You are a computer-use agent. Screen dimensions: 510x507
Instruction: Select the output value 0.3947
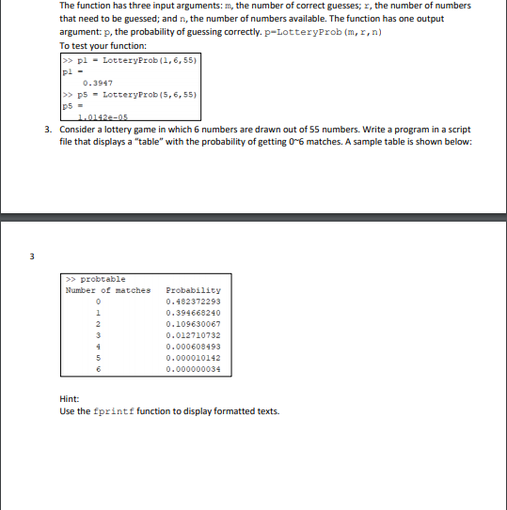(x=97, y=82)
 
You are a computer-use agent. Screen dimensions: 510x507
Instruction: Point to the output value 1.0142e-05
(x=103, y=116)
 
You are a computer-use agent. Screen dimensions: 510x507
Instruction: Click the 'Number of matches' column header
(x=107, y=290)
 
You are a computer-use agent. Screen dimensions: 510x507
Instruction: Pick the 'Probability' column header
(x=193, y=290)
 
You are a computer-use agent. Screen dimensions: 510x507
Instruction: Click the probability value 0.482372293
(x=193, y=301)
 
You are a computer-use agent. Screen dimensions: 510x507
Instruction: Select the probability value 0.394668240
(x=193, y=313)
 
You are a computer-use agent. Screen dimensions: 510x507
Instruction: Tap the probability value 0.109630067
(x=193, y=324)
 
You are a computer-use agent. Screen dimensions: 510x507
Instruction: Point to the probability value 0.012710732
(x=193, y=335)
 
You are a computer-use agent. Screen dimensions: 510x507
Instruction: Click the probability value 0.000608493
(x=193, y=347)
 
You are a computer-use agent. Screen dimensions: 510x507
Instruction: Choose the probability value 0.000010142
(x=193, y=358)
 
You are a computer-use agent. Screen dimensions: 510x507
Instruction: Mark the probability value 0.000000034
(x=193, y=369)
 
